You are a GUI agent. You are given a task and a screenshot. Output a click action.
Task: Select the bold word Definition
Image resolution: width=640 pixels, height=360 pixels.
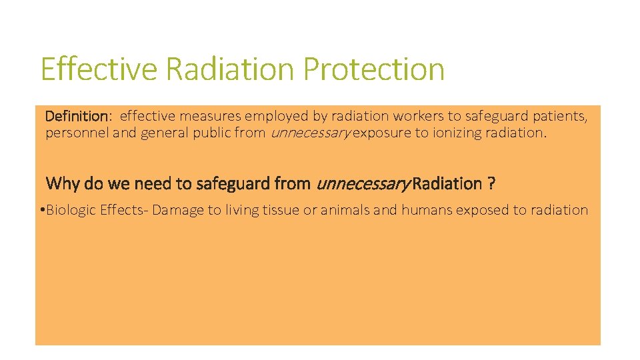[x=76, y=117]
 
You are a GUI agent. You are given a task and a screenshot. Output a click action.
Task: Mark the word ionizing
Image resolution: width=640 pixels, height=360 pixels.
[x=457, y=133]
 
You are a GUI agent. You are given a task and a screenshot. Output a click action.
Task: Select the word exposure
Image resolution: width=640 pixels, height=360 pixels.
[x=382, y=133]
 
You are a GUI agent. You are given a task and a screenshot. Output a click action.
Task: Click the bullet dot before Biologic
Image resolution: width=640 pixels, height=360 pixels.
[x=41, y=211]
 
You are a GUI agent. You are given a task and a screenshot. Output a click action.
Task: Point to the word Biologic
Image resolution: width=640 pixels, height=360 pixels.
[x=71, y=211]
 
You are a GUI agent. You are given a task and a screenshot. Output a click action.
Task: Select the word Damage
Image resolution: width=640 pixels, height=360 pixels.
[x=178, y=211]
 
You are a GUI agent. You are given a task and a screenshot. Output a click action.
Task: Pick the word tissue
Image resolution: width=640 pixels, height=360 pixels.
[x=276, y=211]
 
